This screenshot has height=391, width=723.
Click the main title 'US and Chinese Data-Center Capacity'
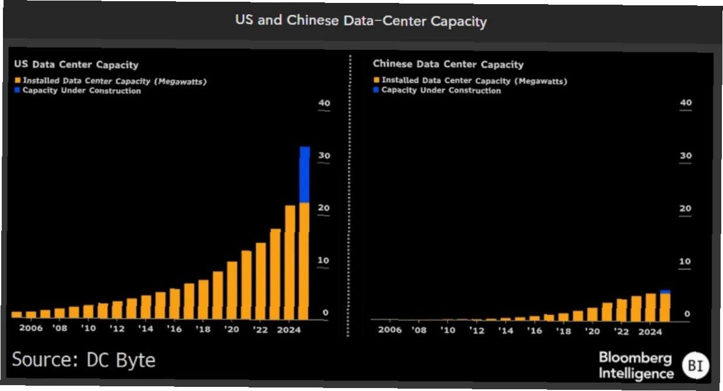pyautogui.click(x=361, y=21)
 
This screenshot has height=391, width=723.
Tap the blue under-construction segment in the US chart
pyautogui.click(x=304, y=175)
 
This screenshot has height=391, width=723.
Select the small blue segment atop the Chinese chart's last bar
pyautogui.click(x=664, y=291)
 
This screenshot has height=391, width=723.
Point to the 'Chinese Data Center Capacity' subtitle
pyautogui.click(x=448, y=64)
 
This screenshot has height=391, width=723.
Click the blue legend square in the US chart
pyautogui.click(x=18, y=91)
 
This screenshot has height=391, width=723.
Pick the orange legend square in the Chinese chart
pyautogui.click(x=376, y=80)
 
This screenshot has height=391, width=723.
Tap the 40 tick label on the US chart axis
pyautogui.click(x=324, y=103)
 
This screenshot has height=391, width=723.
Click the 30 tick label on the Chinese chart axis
pyautogui.click(x=685, y=156)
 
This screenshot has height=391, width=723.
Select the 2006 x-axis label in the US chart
pyautogui.click(x=31, y=329)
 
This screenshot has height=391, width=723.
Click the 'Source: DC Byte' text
pyautogui.click(x=83, y=359)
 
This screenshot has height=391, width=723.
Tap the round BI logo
pyautogui.click(x=695, y=366)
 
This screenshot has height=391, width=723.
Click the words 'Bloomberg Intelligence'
pyautogui.click(x=636, y=366)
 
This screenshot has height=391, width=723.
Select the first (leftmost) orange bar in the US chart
pyautogui.click(x=16, y=314)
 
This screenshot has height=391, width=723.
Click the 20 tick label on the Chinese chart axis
pyautogui.click(x=685, y=209)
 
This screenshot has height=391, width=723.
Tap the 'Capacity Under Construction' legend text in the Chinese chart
pyautogui.click(x=441, y=91)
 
